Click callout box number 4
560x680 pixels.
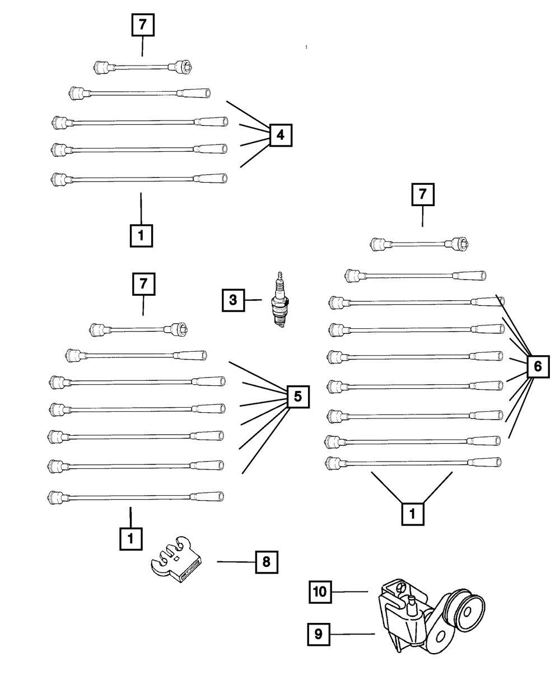281,134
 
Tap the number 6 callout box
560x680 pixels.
538,367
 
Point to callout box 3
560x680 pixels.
233,300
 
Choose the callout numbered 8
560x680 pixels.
267,562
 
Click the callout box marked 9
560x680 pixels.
318,634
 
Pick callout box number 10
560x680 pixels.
320,591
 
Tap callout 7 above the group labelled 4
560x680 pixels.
143,25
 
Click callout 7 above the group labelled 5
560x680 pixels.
143,285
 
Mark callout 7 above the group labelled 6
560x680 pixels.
423,195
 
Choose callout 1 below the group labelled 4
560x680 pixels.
141,236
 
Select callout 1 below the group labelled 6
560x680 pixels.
413,514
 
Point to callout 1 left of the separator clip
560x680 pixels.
130,538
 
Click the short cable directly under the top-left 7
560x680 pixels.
143,67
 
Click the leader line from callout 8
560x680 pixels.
236,562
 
